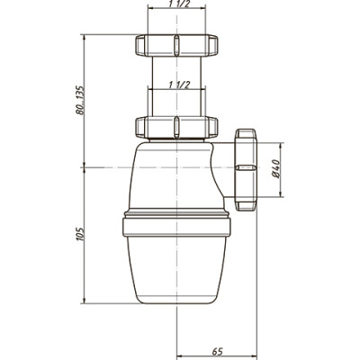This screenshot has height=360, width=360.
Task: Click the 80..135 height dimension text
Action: (x=80, y=100)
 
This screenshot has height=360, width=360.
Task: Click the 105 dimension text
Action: (x=80, y=234)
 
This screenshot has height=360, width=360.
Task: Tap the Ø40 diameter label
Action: (x=275, y=169)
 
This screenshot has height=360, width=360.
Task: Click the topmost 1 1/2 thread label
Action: (x=176, y=4)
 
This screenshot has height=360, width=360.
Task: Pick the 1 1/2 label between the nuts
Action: (x=179, y=85)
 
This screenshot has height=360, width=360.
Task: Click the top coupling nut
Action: (x=176, y=45)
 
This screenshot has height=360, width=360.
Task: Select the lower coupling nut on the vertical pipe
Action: (x=176, y=127)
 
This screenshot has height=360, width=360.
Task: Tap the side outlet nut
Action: (x=246, y=169)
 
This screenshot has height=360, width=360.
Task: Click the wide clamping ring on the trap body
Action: (x=176, y=227)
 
